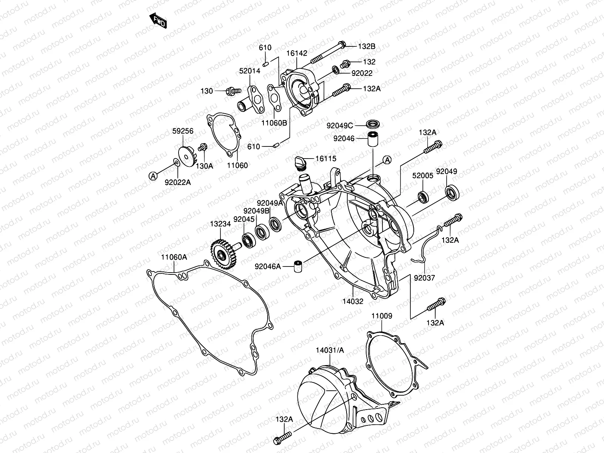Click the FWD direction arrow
[159, 21]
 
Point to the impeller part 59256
[187, 155]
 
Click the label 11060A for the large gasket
[174, 257]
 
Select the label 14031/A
[330, 350]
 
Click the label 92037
[424, 278]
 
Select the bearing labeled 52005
[422, 197]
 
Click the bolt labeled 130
[233, 91]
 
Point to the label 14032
[353, 301]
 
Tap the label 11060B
[274, 123]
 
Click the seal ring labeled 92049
[452, 192]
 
